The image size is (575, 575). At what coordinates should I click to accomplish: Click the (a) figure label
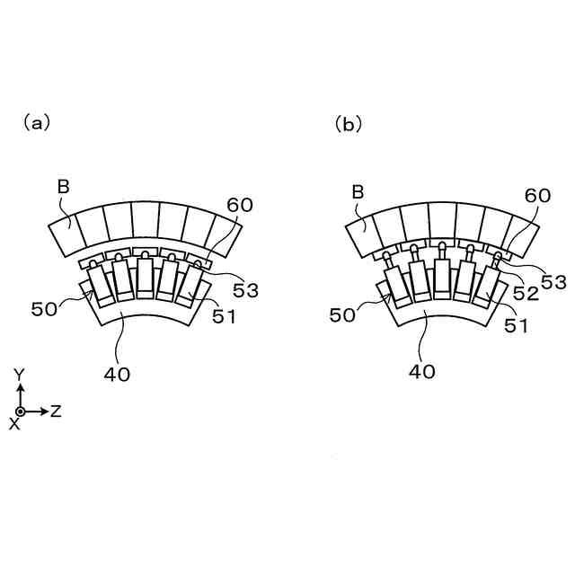[37, 124]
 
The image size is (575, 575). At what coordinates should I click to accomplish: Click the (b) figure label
[349, 124]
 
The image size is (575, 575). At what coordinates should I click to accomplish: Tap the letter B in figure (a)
[63, 187]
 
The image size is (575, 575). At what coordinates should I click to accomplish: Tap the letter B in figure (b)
[358, 190]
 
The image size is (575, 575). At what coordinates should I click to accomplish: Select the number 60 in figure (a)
[239, 204]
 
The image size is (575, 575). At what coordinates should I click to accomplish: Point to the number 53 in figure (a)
[246, 290]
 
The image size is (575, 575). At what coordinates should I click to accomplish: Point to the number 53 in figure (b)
[553, 282]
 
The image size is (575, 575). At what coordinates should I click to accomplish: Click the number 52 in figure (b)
[527, 294]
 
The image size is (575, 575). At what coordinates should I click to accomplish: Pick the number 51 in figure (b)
[515, 327]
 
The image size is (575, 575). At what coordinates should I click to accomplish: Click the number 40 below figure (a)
[118, 375]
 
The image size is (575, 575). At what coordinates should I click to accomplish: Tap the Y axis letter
[20, 372]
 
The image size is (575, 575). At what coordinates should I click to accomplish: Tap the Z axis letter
[56, 411]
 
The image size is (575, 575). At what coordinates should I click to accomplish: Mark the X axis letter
[13, 423]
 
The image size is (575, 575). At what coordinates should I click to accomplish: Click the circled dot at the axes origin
[21, 411]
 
